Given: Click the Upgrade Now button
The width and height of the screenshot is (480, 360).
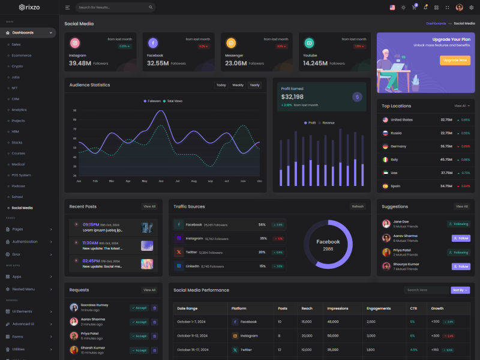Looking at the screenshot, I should pos(455,60).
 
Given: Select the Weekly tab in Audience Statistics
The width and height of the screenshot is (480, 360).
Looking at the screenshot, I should pos(238,85).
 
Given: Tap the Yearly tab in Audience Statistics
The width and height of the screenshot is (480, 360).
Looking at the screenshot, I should pos(255,85).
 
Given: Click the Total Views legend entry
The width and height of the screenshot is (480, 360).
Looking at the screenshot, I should pos(173,101).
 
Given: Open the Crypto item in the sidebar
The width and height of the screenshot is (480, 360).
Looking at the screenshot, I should pos(17,66).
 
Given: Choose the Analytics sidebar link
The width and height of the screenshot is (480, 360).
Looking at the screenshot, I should pos(19,110).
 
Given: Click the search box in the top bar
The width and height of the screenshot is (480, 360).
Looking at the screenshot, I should pos(115,7).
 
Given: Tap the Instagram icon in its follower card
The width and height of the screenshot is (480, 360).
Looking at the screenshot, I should pos(74,43).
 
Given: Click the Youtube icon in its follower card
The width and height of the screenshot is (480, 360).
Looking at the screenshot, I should pos(309,43).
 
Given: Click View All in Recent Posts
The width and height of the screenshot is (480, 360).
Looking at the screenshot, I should pos(149,206).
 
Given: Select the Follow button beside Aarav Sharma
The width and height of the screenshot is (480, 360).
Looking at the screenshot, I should pos(461,238).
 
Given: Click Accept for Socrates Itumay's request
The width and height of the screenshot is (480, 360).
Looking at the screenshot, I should pos(139,308).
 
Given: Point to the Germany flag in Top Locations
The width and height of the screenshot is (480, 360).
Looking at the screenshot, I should pos(385,146).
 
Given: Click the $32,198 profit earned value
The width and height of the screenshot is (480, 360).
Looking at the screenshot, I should pos(292,97).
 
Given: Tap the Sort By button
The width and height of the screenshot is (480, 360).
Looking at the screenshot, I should pos(460,290).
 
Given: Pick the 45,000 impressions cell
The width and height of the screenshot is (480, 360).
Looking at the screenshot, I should pos(333,322).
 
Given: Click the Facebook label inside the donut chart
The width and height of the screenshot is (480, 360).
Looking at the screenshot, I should pos(328,242).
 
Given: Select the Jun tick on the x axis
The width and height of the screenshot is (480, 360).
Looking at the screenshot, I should pos(161,181).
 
